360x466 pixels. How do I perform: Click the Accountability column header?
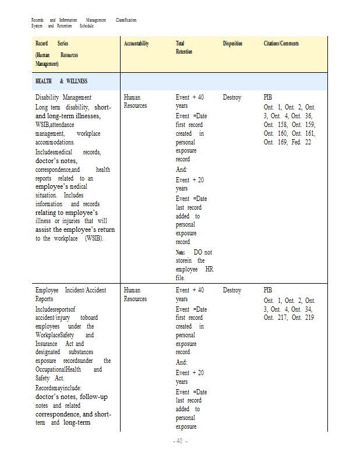tap(136, 44)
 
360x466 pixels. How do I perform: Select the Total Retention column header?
tap(184, 48)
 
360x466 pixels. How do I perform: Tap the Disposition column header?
tap(232, 44)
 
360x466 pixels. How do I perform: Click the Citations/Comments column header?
tap(281, 44)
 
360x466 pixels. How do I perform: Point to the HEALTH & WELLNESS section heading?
tap(61, 81)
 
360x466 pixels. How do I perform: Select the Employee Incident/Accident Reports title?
tap(70, 294)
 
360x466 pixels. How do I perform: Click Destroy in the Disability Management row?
tap(232, 97)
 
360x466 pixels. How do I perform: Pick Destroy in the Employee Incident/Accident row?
tap(232, 290)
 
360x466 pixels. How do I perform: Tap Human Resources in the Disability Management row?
tap(136, 101)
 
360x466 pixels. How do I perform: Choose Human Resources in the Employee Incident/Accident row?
tap(136, 294)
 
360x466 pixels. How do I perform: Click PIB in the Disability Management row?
tap(268, 97)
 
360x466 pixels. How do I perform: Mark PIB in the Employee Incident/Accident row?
tap(268, 290)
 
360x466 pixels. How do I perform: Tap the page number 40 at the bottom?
tap(179, 441)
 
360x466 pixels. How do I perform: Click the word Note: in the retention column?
tap(181, 252)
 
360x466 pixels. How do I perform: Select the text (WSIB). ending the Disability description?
tap(93, 239)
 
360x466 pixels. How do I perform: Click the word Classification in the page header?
tap(126, 20)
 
